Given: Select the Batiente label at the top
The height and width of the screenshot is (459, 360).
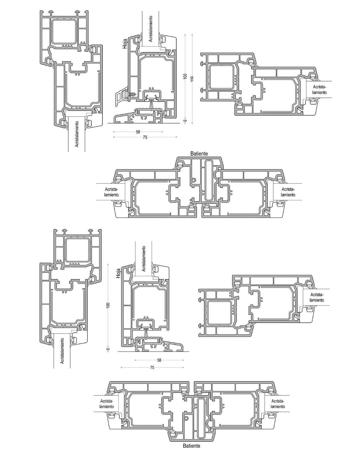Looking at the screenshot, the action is [199, 154].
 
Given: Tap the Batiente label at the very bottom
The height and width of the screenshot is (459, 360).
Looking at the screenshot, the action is [191, 452].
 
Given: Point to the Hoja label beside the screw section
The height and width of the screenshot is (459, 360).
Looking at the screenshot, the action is [125, 44].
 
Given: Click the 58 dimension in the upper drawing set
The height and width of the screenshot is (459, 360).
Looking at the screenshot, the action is [138, 132].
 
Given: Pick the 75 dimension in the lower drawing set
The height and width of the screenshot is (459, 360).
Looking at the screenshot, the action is [152, 368].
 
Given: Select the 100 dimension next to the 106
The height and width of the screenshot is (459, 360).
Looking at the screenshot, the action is [185, 76].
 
